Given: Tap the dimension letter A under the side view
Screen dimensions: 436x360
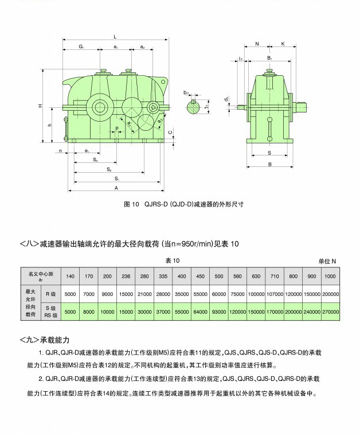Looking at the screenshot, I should click(x=116, y=188).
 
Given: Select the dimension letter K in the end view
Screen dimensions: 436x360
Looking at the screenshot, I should click(x=283, y=44).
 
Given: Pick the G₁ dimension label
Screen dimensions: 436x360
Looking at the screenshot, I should click(x=81, y=46).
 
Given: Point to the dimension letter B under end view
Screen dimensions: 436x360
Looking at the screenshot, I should click(x=270, y=165).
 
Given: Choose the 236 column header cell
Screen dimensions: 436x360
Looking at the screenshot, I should click(x=126, y=277).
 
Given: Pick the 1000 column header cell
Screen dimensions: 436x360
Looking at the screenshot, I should click(x=330, y=277).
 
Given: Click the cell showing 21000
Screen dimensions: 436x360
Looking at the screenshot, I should click(x=144, y=294).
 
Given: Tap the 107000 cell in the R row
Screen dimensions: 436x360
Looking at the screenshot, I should click(x=275, y=294).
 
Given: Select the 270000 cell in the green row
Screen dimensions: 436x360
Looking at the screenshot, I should click(x=330, y=312).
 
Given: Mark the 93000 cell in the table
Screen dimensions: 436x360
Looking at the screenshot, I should click(x=218, y=312).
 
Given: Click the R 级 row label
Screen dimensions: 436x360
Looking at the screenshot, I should click(x=52, y=294).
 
